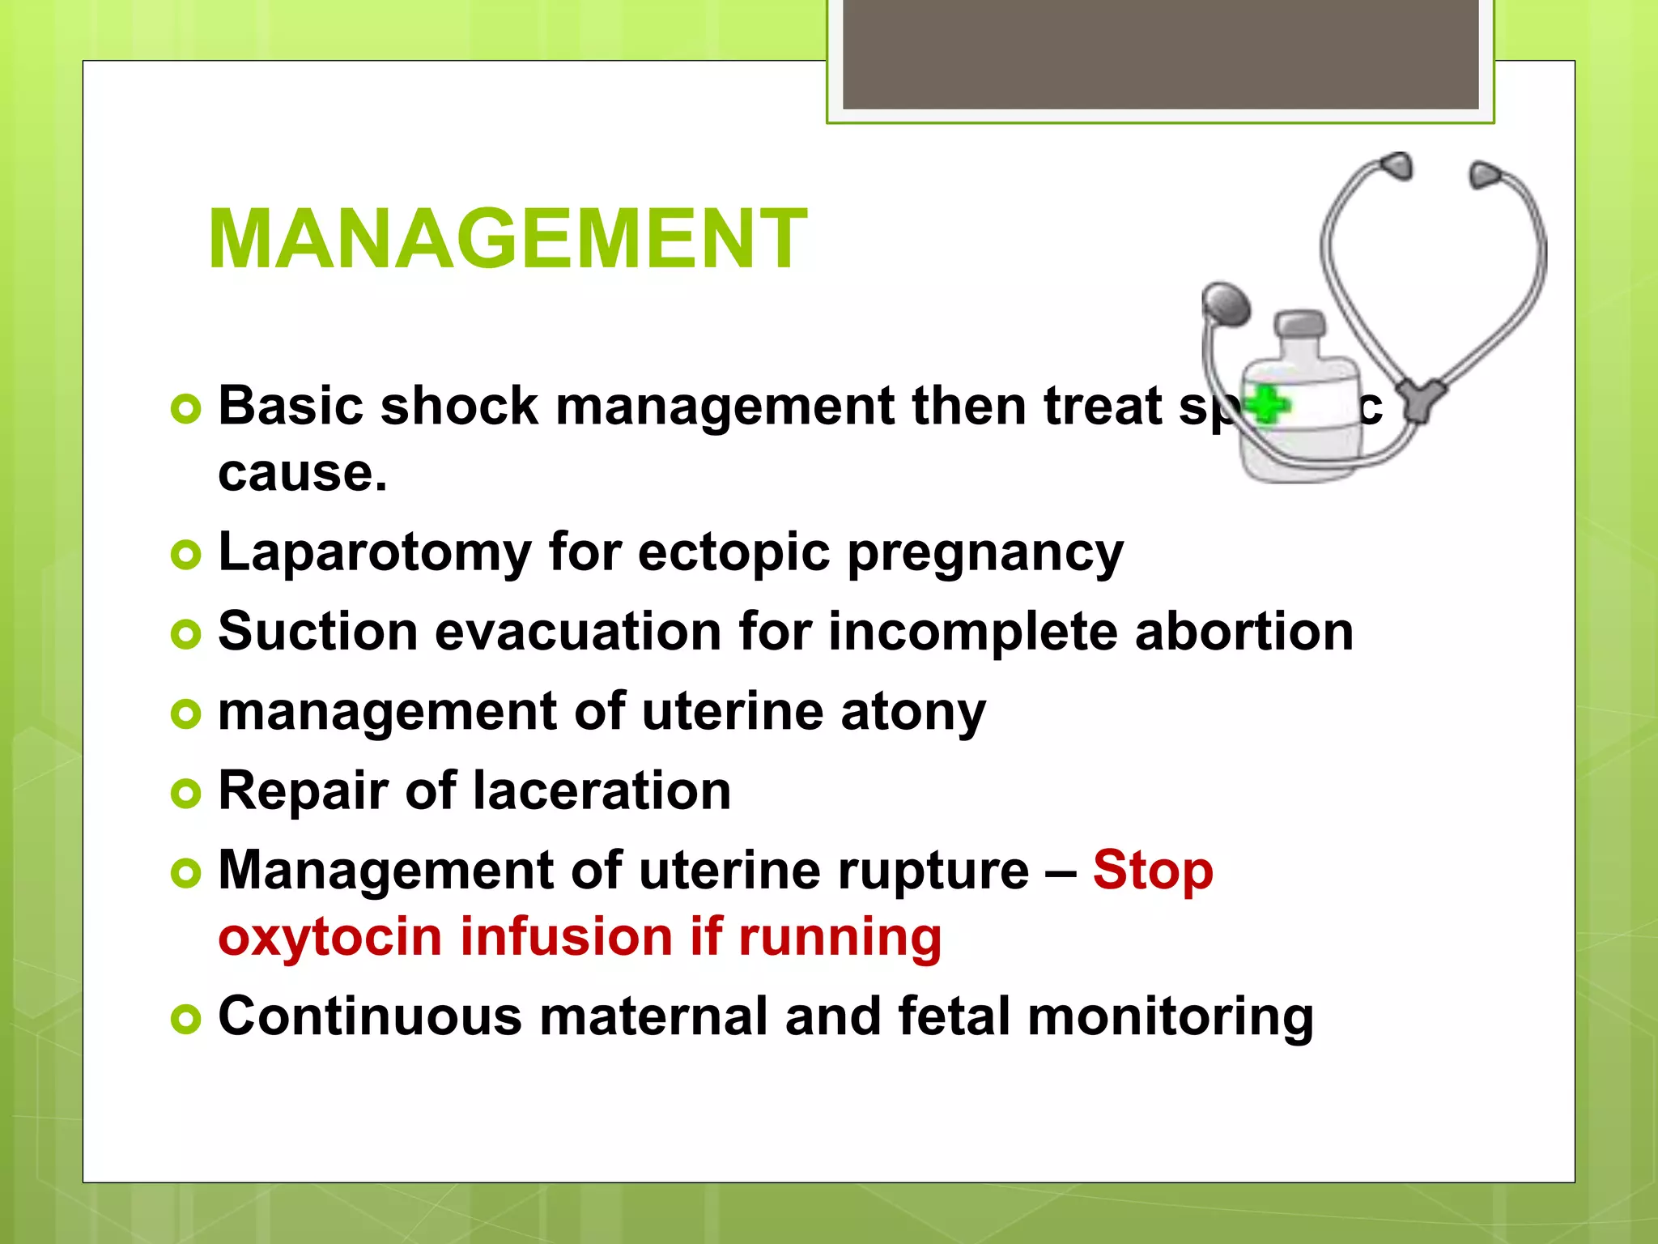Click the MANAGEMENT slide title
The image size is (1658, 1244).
508,240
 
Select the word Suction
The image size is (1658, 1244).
317,632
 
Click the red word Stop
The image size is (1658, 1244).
1152,871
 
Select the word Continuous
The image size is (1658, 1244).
370,1016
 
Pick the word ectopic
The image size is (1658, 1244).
733,553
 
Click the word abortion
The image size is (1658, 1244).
1243,632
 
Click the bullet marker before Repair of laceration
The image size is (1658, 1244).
185,793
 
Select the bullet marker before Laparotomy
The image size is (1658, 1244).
185,555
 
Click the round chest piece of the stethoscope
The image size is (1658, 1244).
1226,305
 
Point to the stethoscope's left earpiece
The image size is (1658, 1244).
1397,166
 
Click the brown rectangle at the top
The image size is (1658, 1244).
1160,53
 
